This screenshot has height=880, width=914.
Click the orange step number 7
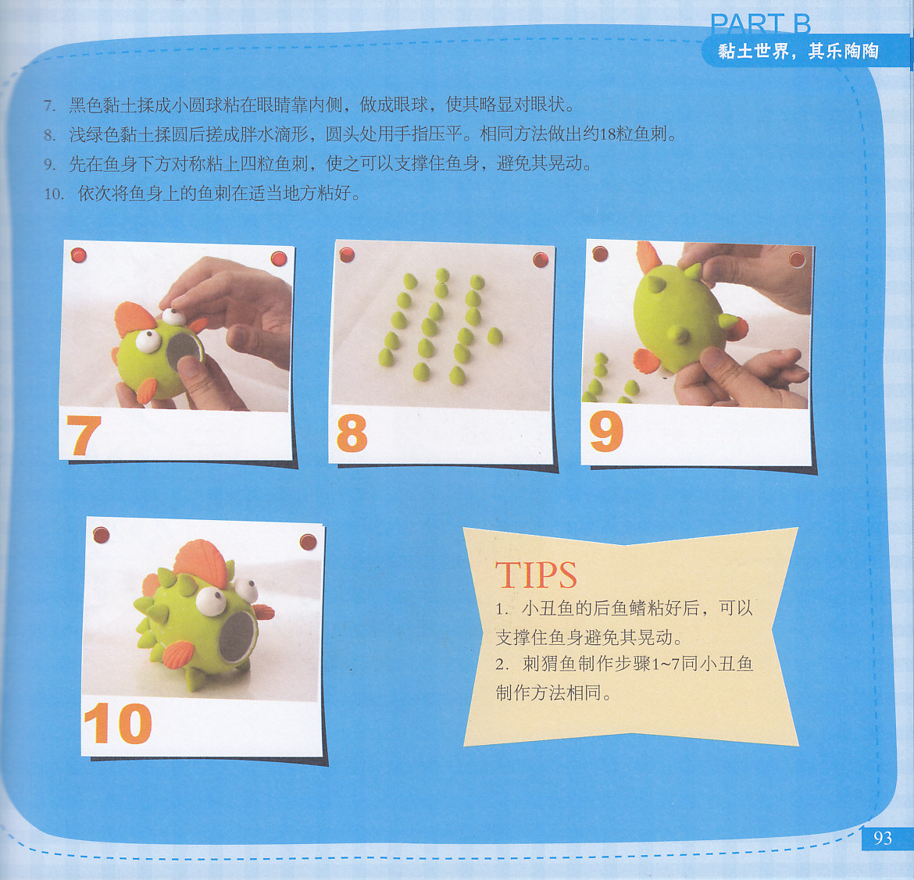pos(84,435)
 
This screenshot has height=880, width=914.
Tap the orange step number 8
pos(352,433)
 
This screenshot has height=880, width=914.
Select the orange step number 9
pos(606,431)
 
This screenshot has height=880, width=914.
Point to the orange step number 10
pos(118,722)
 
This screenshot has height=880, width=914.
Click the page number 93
pos(883,838)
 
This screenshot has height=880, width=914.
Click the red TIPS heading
pos(536,575)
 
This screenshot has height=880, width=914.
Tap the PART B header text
pos(760,23)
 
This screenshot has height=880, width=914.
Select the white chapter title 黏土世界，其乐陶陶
pos(798,52)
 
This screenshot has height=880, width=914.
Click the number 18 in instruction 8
pos(607,134)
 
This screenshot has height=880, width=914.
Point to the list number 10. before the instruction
pos(54,194)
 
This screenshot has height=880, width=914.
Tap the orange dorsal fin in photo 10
pos(201,563)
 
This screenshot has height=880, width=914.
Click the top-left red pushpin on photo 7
pos(79,255)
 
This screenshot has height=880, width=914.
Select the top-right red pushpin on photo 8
pos(541,260)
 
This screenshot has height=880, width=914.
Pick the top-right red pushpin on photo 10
pos(308,542)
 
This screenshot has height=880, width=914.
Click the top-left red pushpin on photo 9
pos(601,254)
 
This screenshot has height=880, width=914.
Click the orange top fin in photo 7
pos(134,319)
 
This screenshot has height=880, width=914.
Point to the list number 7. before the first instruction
pos(49,105)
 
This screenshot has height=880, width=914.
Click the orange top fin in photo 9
pos(648,256)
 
